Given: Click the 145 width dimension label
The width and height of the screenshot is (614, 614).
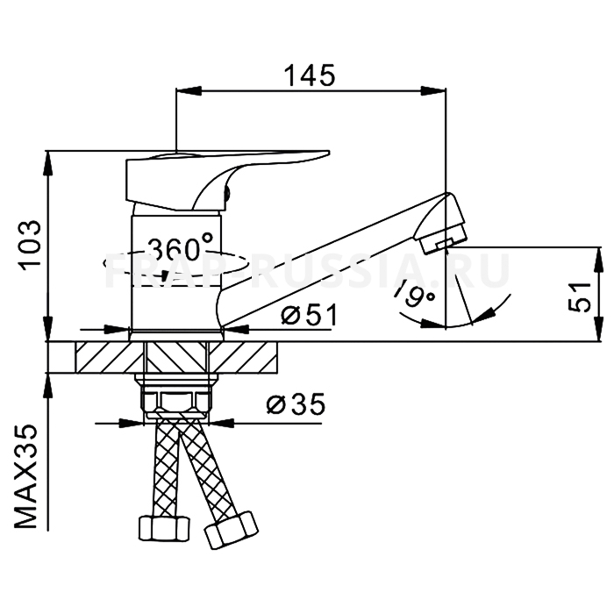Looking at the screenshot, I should pos(309,76).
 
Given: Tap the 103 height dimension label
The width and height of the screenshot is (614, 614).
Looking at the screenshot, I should pos(30,245).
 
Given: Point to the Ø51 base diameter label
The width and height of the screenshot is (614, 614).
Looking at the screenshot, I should pos(307,315).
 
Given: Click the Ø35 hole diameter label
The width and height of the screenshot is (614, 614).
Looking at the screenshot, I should pos(295,405).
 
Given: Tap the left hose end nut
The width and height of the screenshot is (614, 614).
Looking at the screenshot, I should pos(162,528).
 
